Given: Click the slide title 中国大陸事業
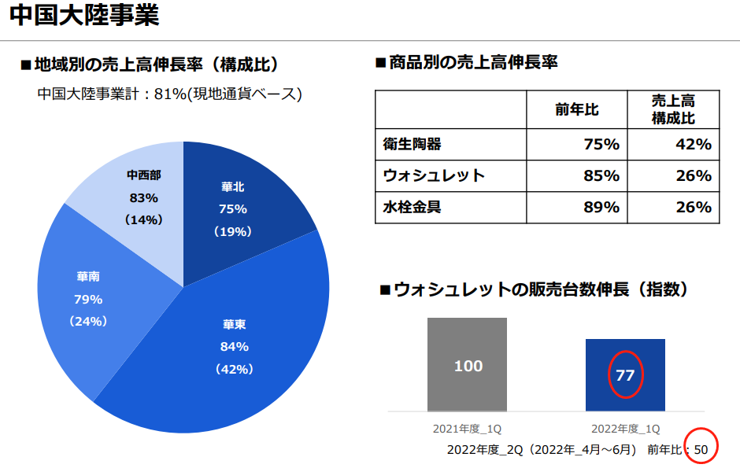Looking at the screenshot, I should click(x=84, y=17).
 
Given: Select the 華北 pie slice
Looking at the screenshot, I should click(x=244, y=208).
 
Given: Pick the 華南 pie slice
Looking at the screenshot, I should click(x=88, y=299).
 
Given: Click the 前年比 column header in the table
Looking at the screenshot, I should click(x=576, y=110).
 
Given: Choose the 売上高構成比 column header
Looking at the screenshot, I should click(x=673, y=110).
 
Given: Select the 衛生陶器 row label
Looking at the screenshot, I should click(x=412, y=145).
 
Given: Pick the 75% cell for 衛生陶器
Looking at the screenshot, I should click(x=601, y=145).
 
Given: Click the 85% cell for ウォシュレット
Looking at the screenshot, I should click(x=601, y=175).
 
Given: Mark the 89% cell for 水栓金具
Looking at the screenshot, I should click(x=601, y=207).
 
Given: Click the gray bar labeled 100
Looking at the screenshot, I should click(x=468, y=365).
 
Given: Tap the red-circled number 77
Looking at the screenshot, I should click(x=625, y=375).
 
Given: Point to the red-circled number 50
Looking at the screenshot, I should click(x=701, y=449).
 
